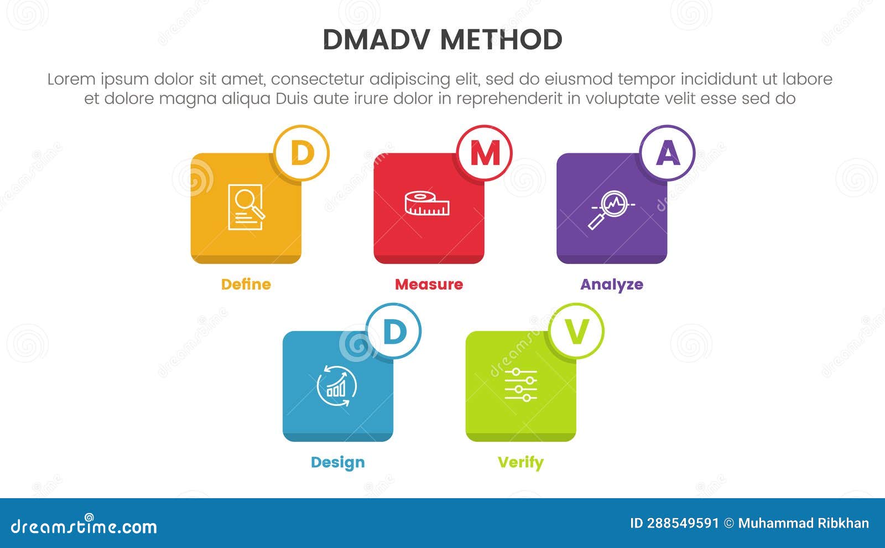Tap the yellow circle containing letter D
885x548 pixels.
(x=302, y=153)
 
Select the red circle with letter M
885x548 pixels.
(x=485, y=153)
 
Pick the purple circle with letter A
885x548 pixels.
(x=668, y=153)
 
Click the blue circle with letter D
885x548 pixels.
(x=394, y=331)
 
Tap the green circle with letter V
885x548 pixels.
(x=576, y=331)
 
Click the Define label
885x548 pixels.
(x=246, y=285)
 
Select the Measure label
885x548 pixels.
(x=429, y=285)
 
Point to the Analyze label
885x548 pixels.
(x=611, y=285)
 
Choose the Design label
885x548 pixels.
(x=337, y=462)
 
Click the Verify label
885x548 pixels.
(x=520, y=462)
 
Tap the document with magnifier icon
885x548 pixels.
(x=246, y=206)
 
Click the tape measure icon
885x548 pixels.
(x=426, y=204)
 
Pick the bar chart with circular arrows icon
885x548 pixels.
(x=337, y=386)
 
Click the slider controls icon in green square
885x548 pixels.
(x=520, y=385)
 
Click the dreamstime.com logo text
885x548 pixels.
(x=84, y=526)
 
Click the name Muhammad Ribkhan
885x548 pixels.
(x=803, y=524)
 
